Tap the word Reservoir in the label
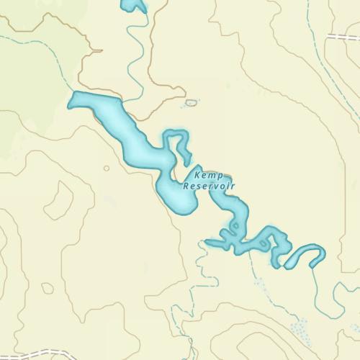click(210, 186)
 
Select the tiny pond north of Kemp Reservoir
click(191, 103)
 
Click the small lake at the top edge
click(134, 6)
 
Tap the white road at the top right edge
click(344, 36)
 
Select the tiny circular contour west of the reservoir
click(107, 168)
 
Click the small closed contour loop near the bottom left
click(47, 288)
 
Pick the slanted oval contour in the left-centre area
click(59, 200)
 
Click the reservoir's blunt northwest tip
click(72, 102)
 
